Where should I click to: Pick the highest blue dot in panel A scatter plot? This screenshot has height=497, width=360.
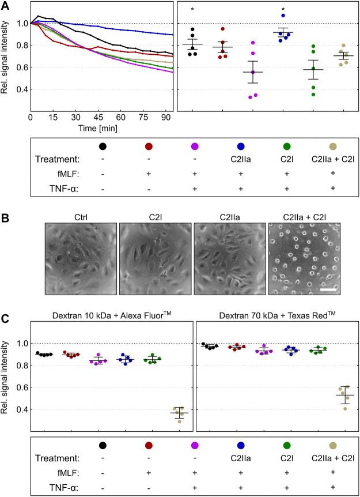pos(283,16)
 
